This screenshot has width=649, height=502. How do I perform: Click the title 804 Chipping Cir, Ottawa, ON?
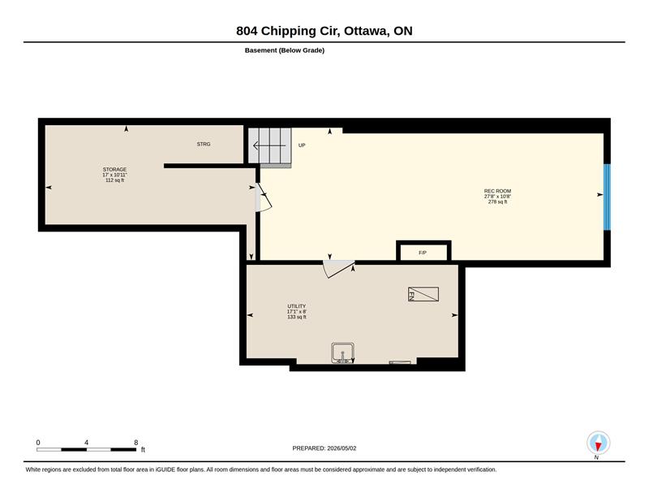[324, 31]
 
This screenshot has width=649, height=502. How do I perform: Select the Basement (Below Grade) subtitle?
[285, 50]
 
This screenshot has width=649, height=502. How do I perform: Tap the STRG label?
[204, 144]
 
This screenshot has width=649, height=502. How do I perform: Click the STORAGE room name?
[114, 170]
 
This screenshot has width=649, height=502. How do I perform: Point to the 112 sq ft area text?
[114, 180]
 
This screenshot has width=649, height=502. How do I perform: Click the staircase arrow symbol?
[269, 145]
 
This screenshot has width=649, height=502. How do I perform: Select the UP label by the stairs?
[302, 145]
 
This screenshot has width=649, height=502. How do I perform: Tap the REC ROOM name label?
[497, 191]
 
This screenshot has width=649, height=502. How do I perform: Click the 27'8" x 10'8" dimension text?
[497, 197]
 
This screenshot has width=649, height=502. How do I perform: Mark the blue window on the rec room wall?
[607, 197]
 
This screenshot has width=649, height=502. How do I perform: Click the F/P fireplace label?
[423, 253]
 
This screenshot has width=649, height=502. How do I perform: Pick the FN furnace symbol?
[423, 294]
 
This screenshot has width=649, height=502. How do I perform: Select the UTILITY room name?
[296, 306]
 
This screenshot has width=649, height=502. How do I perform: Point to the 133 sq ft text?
[297, 317]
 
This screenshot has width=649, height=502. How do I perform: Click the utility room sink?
[342, 353]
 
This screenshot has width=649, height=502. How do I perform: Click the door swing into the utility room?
[338, 269]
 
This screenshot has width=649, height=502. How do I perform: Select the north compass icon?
[598, 444]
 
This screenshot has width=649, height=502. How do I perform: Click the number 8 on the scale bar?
[135, 443]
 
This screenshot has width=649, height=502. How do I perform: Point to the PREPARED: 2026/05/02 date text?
[324, 448]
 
